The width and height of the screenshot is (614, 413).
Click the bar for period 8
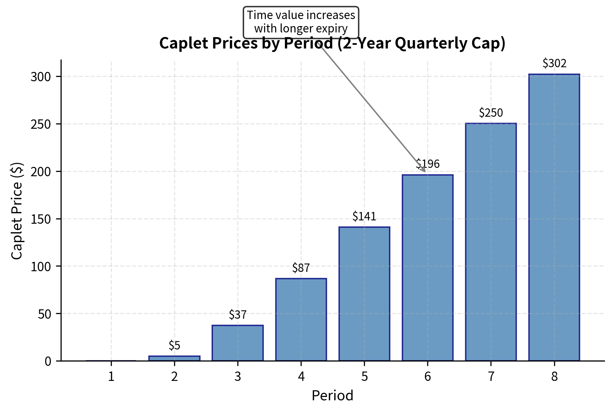click(x=554, y=217)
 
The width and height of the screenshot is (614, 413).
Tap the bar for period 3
click(x=238, y=343)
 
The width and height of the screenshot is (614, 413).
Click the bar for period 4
click(x=301, y=319)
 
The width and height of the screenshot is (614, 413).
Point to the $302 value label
click(x=554, y=63)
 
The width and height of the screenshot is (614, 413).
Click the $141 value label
click(x=364, y=217)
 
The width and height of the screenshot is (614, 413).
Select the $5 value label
click(x=174, y=345)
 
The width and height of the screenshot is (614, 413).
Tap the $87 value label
click(x=301, y=268)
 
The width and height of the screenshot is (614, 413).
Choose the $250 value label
click(x=491, y=113)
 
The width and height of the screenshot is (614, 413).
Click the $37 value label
click(x=238, y=315)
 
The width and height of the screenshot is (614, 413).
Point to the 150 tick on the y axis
click(x=41, y=219)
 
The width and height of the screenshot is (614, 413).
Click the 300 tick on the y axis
click(x=41, y=77)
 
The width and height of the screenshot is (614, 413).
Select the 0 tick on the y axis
click(x=48, y=362)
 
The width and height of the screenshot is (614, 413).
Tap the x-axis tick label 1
click(x=111, y=377)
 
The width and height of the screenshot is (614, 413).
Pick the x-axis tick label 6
click(x=428, y=377)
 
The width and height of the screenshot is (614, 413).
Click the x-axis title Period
click(x=332, y=396)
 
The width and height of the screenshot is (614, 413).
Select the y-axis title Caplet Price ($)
click(x=17, y=211)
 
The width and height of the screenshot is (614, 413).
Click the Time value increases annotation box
click(x=301, y=22)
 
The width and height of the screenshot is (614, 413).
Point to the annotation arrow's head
click(x=425, y=172)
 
